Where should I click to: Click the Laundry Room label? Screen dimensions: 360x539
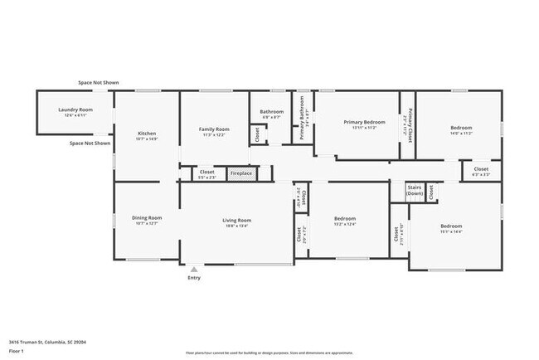point(75,109)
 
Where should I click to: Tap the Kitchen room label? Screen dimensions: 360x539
point(147,134)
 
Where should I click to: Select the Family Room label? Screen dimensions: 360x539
point(214,129)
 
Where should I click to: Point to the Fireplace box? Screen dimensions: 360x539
point(241,173)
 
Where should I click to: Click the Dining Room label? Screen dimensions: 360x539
point(147,217)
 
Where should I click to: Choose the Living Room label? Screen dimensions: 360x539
point(236,221)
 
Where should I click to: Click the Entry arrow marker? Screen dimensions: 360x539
point(194,269)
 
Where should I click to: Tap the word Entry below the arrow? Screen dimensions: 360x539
point(194,278)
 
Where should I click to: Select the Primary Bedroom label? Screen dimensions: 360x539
point(365,122)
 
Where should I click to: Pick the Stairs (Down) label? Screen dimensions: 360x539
point(415,190)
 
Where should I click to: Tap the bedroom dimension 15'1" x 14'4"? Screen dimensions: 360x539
point(451,231)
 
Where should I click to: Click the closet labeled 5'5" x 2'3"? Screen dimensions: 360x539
point(206,177)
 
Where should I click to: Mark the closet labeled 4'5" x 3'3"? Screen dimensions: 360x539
point(481,174)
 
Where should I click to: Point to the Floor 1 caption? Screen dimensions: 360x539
point(17,352)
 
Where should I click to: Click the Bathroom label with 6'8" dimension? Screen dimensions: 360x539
point(272,117)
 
